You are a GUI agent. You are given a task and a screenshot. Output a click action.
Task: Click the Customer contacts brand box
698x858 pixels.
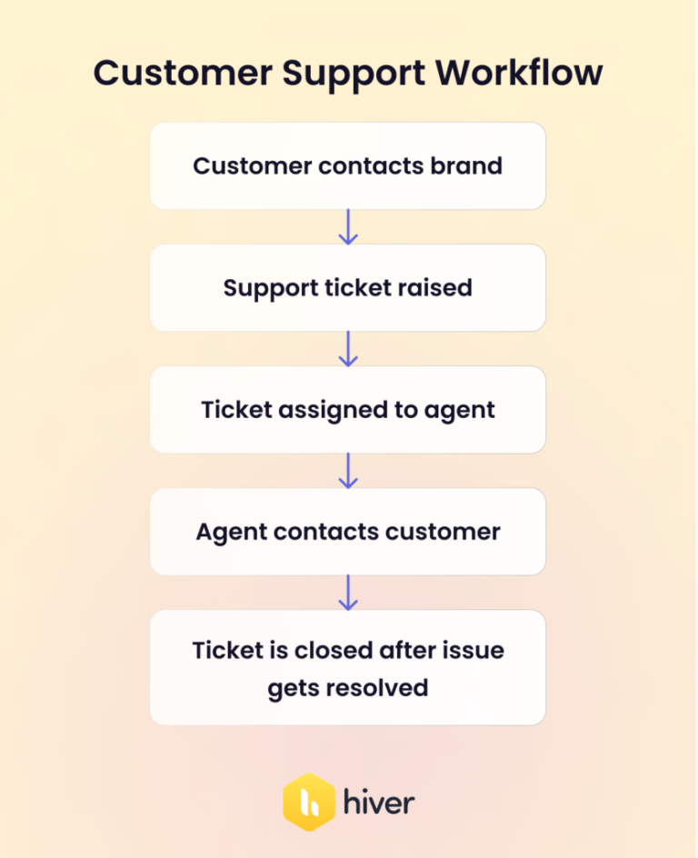pyautogui.click(x=348, y=166)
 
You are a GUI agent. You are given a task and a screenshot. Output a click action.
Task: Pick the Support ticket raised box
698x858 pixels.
pyautogui.click(x=348, y=288)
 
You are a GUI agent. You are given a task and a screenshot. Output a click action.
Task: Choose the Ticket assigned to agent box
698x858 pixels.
pyautogui.click(x=348, y=410)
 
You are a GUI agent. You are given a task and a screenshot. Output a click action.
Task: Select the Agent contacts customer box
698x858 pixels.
pyautogui.click(x=348, y=532)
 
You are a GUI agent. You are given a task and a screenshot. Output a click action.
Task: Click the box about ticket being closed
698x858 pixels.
pyautogui.click(x=348, y=668)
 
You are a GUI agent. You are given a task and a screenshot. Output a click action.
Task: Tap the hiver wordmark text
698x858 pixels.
pyautogui.click(x=379, y=803)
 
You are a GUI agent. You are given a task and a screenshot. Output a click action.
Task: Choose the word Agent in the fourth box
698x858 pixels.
pyautogui.click(x=225, y=532)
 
